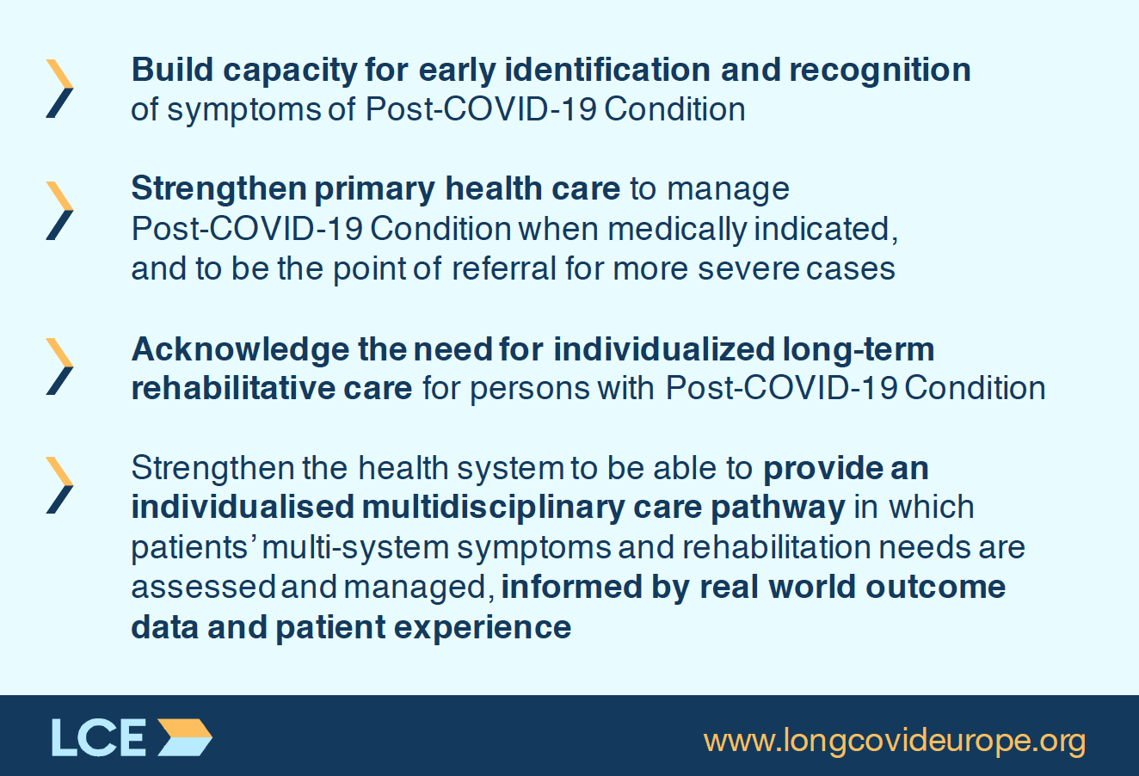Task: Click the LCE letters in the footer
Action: (x=99, y=736)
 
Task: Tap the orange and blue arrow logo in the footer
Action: (x=184, y=736)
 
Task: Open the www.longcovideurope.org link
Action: (x=895, y=741)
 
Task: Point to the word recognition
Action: (x=880, y=71)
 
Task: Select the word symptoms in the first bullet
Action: (x=243, y=111)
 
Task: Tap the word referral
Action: (x=503, y=268)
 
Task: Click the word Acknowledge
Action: (x=240, y=350)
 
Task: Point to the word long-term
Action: (x=859, y=350)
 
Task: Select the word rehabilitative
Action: (x=233, y=389)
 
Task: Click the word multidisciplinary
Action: (x=493, y=508)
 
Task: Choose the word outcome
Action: (x=936, y=588)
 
